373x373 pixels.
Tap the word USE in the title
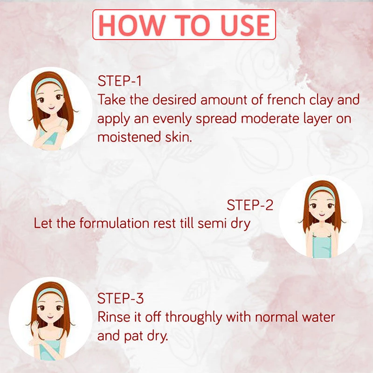[245, 25]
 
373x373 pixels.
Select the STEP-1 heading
[120, 81]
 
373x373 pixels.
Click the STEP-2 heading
[250, 205]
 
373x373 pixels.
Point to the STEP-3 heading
[121, 298]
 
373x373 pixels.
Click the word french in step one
[286, 99]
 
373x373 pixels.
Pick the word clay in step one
[321, 100]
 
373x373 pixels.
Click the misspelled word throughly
[193, 318]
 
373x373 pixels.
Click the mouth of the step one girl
[51, 108]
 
